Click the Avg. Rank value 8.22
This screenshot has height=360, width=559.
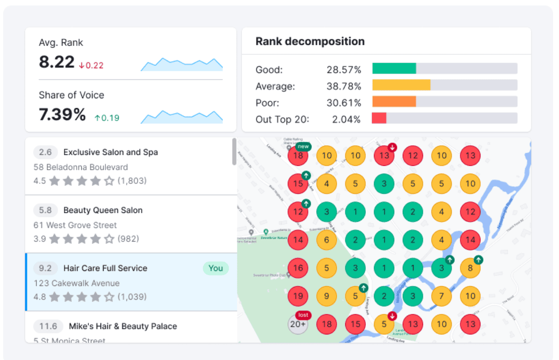[57, 62]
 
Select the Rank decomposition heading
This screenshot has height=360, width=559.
[310, 42]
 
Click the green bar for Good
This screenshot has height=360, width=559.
[394, 69]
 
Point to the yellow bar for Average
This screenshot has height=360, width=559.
[401, 85]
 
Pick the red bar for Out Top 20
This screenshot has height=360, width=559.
[379, 118]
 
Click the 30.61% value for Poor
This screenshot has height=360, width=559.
[343, 103]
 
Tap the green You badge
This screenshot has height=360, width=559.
[216, 268]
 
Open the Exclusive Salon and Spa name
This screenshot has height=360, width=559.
[111, 152]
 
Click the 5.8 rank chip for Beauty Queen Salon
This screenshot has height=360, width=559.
[45, 210]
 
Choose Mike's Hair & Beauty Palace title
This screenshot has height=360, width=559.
[123, 326]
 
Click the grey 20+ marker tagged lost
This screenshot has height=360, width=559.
[298, 324]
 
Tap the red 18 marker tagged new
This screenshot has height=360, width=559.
[298, 155]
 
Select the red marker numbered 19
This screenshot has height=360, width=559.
[298, 296]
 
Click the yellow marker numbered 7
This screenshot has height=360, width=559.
[441, 296]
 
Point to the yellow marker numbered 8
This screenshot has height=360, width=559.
[470, 268]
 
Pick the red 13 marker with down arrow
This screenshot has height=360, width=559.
[384, 155]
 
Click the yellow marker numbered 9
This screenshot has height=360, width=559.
[327, 296]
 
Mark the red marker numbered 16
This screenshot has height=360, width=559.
[298, 268]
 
